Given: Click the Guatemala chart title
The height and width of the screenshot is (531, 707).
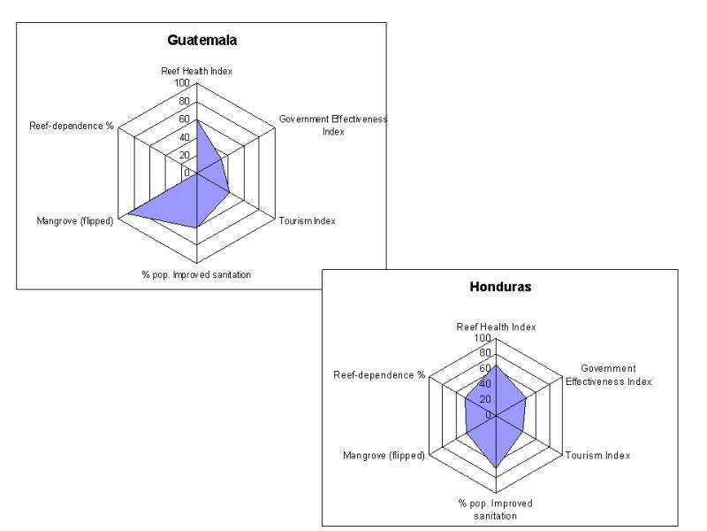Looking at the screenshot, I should pos(202,40).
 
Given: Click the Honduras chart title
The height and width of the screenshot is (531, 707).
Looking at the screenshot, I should pos(499,288).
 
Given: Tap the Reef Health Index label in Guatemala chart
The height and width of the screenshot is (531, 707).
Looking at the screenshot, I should pos(197,71).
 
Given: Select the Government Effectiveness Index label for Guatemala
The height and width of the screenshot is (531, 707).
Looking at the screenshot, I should pos(333,125).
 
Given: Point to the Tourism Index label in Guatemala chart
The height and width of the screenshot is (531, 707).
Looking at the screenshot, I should pos(307,220).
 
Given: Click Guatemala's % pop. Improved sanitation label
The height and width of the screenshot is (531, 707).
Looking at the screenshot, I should pos(197,274).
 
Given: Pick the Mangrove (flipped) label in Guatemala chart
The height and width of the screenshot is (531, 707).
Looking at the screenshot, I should pos(75,220).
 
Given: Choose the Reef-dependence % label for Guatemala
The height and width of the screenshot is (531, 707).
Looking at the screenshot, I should pos(72,125).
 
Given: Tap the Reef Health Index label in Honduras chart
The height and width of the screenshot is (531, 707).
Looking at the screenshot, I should pos(496,327).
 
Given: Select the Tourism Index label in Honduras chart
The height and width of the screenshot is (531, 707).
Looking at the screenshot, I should pos(598,456).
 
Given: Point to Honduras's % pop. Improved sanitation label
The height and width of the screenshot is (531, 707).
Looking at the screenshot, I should pos(496,509).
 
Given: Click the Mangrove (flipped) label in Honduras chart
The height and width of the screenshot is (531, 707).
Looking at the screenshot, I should pos(384,456).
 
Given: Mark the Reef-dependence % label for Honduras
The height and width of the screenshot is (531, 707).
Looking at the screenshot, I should pos(379,375).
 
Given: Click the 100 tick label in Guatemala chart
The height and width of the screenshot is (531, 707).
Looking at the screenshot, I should pos(181,82).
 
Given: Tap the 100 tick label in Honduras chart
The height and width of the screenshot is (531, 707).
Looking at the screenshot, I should pos(481,338).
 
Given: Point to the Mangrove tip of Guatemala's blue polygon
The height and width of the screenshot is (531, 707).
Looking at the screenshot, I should pos(129,213).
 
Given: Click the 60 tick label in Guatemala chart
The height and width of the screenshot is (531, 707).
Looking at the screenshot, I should pos(184,119).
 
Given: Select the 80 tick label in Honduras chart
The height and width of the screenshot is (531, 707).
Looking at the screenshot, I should pos(483,353).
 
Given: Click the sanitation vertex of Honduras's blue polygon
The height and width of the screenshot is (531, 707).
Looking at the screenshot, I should pos(496,467).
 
